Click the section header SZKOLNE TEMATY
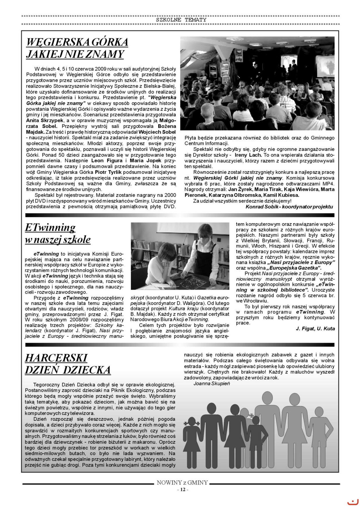point(181,20)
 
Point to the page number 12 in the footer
point(182,490)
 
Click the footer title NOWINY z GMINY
point(182,483)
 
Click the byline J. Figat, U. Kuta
point(315,328)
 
